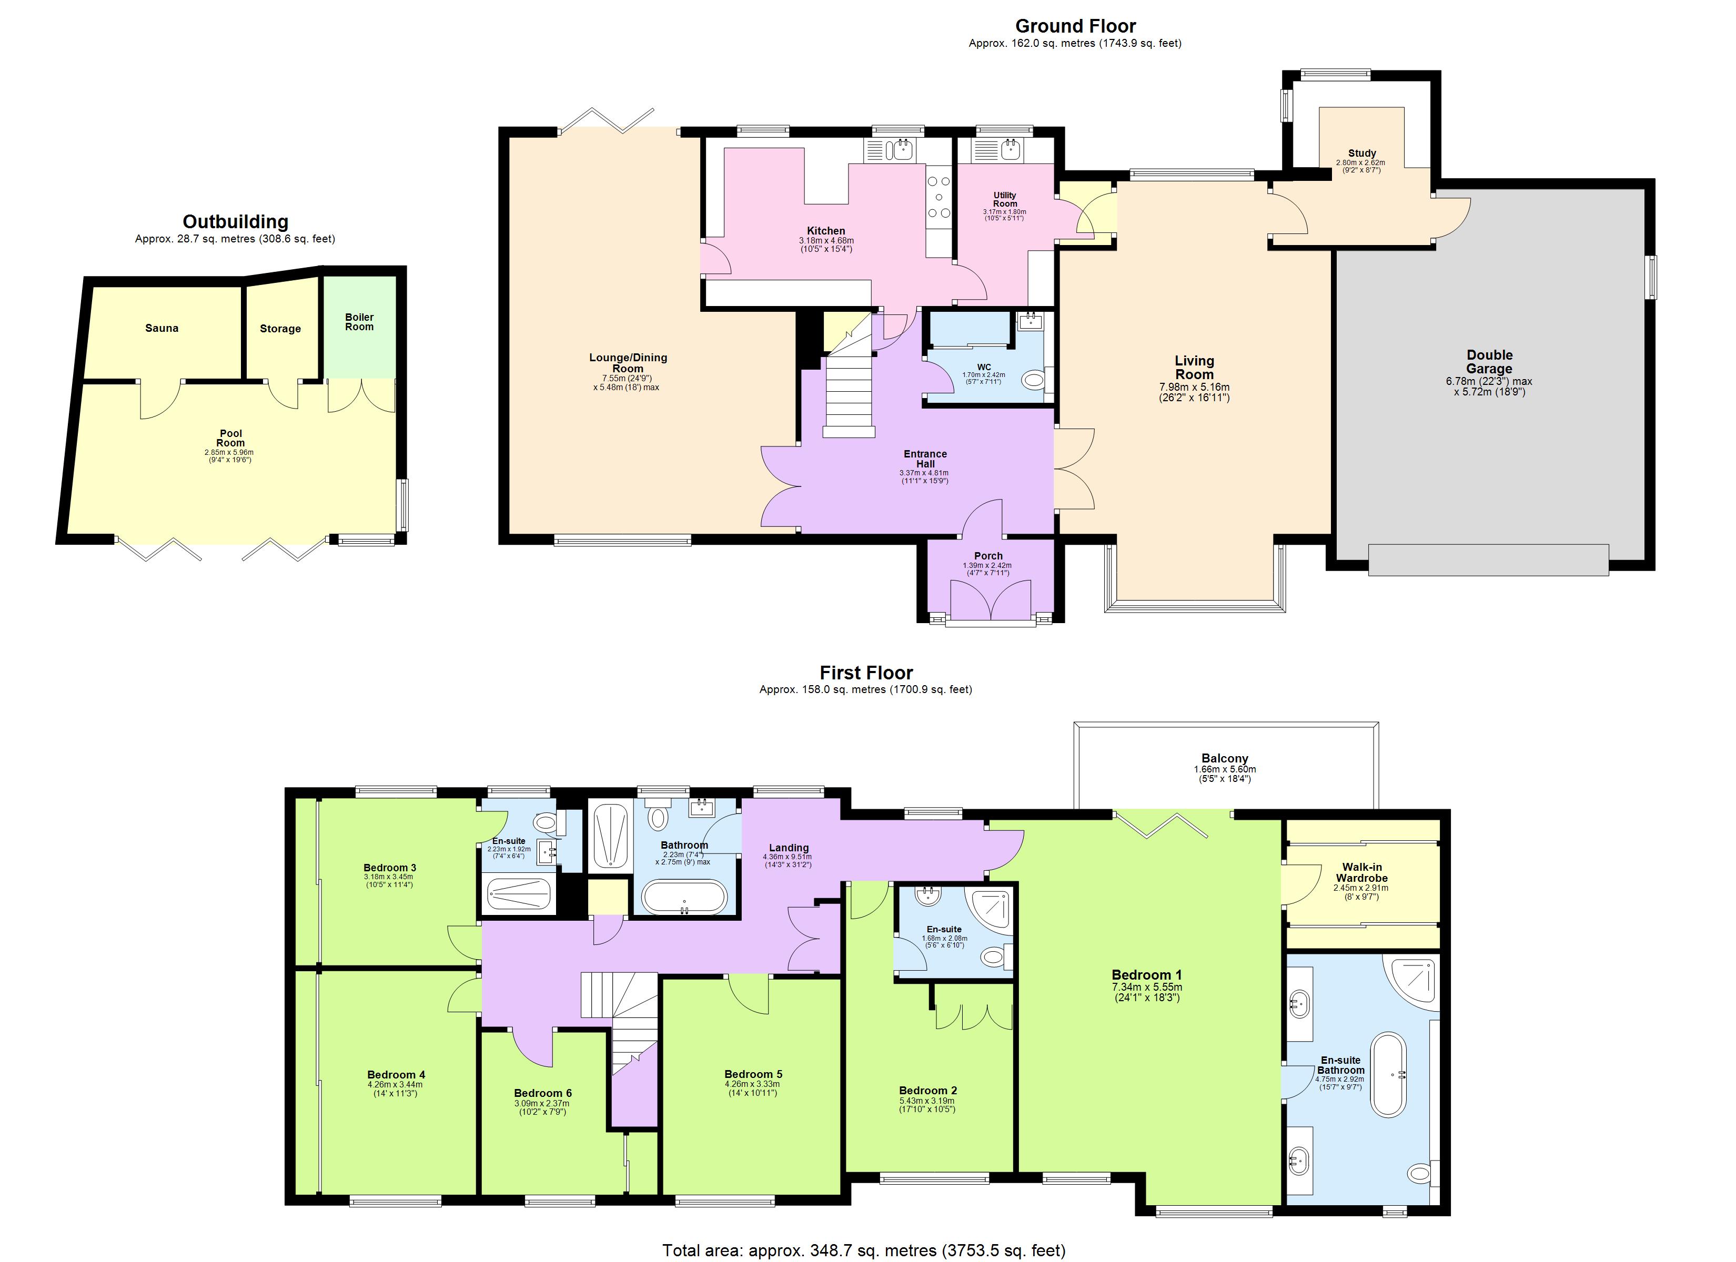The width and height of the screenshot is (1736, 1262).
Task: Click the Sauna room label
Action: point(162,328)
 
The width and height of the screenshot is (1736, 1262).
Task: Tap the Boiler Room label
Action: point(359,321)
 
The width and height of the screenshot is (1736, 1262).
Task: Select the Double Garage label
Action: point(1489,361)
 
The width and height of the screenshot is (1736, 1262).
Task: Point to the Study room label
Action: point(1361,153)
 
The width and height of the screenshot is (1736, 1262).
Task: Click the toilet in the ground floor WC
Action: point(1034,379)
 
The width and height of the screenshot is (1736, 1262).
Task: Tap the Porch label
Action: point(988,556)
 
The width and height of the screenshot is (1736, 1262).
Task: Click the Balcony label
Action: point(1225,758)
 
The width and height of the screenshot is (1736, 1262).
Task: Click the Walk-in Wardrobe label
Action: point(1361,872)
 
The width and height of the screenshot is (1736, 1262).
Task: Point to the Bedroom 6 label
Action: point(543,1093)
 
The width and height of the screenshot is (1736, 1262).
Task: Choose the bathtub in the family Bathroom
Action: point(684,897)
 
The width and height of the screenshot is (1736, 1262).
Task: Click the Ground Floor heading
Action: point(1075,26)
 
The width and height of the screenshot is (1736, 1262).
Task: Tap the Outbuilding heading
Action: point(235,222)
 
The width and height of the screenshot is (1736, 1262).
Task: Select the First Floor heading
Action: point(866,673)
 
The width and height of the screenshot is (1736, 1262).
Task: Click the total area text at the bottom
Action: point(863,1250)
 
